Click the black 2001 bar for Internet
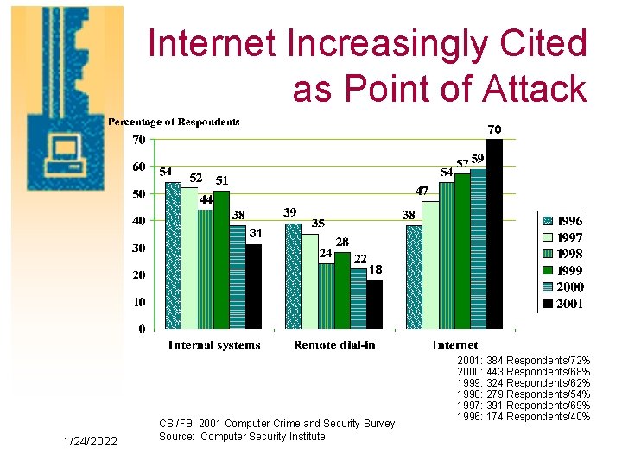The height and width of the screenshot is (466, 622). [x=494, y=234]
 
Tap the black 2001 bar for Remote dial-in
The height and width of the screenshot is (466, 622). [x=374, y=304]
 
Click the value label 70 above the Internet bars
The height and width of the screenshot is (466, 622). [x=493, y=129]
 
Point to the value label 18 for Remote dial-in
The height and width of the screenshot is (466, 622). [x=376, y=270]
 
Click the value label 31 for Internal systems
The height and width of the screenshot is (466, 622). [x=256, y=234]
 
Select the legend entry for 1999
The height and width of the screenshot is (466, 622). [x=561, y=270]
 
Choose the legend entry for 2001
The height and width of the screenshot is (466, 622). [x=561, y=304]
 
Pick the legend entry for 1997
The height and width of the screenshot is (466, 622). [x=561, y=237]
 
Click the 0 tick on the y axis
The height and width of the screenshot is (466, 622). [x=141, y=329]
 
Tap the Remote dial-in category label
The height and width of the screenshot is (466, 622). [x=333, y=345]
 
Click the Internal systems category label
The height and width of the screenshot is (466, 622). [x=213, y=345]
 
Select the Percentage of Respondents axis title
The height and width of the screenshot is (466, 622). [x=174, y=122]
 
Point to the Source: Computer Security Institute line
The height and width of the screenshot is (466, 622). [x=242, y=437]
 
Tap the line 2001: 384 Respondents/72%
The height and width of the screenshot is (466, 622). [x=524, y=359]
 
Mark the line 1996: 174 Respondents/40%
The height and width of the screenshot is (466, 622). [x=524, y=417]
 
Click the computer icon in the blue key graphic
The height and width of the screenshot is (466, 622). [x=64, y=150]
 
